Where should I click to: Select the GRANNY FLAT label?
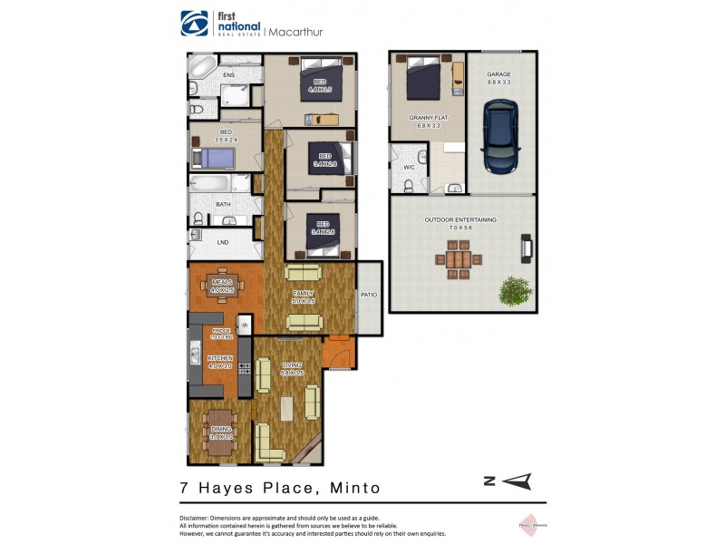(x=429, y=118)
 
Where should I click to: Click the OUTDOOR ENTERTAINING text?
(x=460, y=220)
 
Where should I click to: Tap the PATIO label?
(x=369, y=296)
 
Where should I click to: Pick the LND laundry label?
(x=223, y=242)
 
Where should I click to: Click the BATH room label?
(x=223, y=205)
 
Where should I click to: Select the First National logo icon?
(x=193, y=23)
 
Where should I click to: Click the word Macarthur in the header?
(x=295, y=32)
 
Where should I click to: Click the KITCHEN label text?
(x=220, y=359)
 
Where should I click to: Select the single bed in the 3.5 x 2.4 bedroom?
(x=216, y=158)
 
